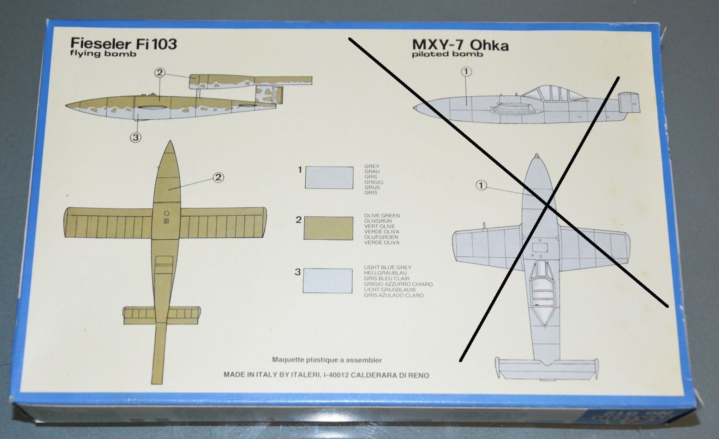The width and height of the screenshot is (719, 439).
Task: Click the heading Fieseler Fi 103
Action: pyautogui.click(x=123, y=44)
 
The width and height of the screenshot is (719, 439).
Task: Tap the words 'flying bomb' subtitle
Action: pyautogui.click(x=103, y=54)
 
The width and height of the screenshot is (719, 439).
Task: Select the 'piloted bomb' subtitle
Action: pyautogui.click(x=447, y=54)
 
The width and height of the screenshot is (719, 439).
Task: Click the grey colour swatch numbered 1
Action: pyautogui.click(x=329, y=177)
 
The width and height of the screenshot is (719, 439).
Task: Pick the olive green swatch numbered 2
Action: pyautogui.click(x=328, y=228)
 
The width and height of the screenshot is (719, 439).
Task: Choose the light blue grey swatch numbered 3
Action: pyautogui.click(x=328, y=280)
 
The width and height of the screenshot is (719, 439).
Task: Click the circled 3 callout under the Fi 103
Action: pyautogui.click(x=136, y=138)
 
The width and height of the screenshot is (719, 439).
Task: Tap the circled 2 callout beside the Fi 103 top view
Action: pyautogui.click(x=218, y=177)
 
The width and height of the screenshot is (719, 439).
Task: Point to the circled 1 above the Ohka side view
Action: pyautogui.click(x=467, y=72)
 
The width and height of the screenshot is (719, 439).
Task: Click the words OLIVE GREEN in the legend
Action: pyautogui.click(x=382, y=215)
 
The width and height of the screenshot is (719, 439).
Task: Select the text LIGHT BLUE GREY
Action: pyautogui.click(x=387, y=267)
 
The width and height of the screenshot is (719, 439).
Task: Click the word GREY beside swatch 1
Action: pyautogui.click(x=372, y=166)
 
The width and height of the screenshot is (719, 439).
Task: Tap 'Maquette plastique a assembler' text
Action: pyautogui.click(x=327, y=360)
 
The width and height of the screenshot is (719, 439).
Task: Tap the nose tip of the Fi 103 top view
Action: pyautogui.click(x=171, y=141)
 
